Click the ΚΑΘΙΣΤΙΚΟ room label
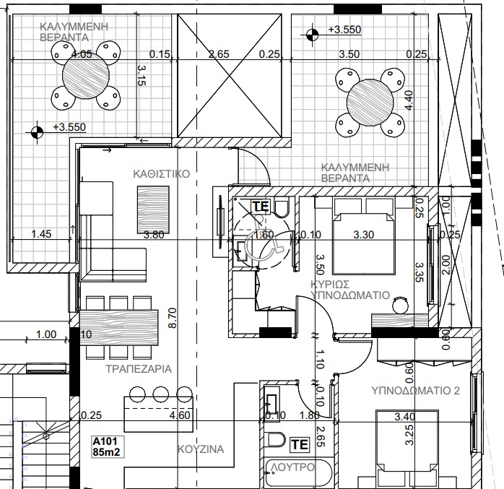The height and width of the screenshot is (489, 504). pyautogui.click(x=161, y=174)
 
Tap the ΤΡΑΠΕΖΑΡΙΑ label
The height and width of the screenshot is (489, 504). pyautogui.click(x=137, y=368)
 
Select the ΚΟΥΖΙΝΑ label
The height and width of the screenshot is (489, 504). pyautogui.click(x=201, y=449)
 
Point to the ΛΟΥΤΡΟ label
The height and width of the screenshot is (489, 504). pyautogui.click(x=293, y=468)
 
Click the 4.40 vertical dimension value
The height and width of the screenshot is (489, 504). pyautogui.click(x=409, y=99)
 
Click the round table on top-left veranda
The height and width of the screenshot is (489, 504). pyautogui.click(x=87, y=76)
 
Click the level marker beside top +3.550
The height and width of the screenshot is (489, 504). pyautogui.click(x=312, y=33)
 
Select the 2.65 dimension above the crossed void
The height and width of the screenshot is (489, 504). pyautogui.click(x=218, y=53)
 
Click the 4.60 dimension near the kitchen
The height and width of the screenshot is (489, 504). pyautogui.click(x=179, y=415)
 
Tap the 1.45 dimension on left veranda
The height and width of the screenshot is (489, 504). pyautogui.click(x=43, y=234)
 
